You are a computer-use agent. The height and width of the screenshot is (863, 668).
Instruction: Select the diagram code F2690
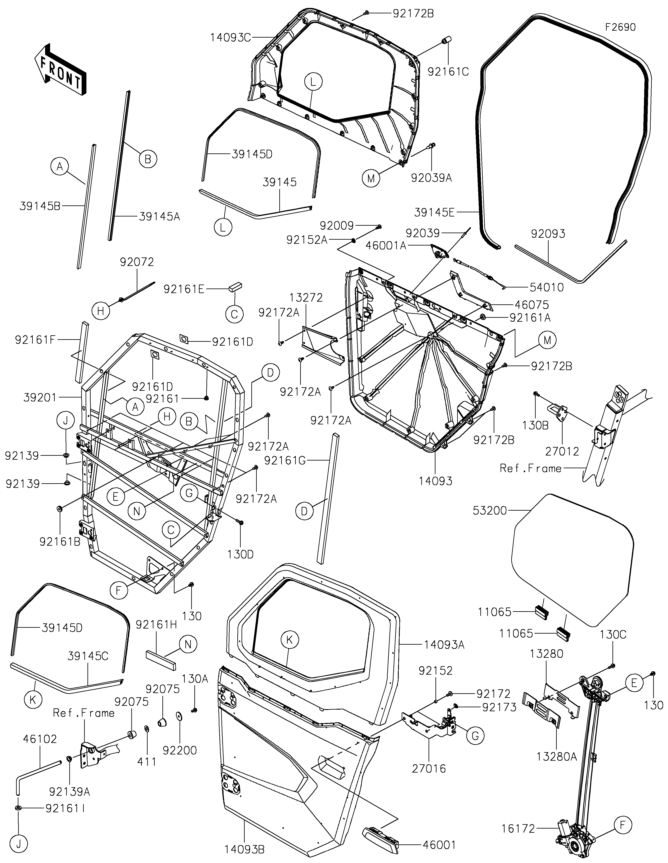click(x=621, y=27)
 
